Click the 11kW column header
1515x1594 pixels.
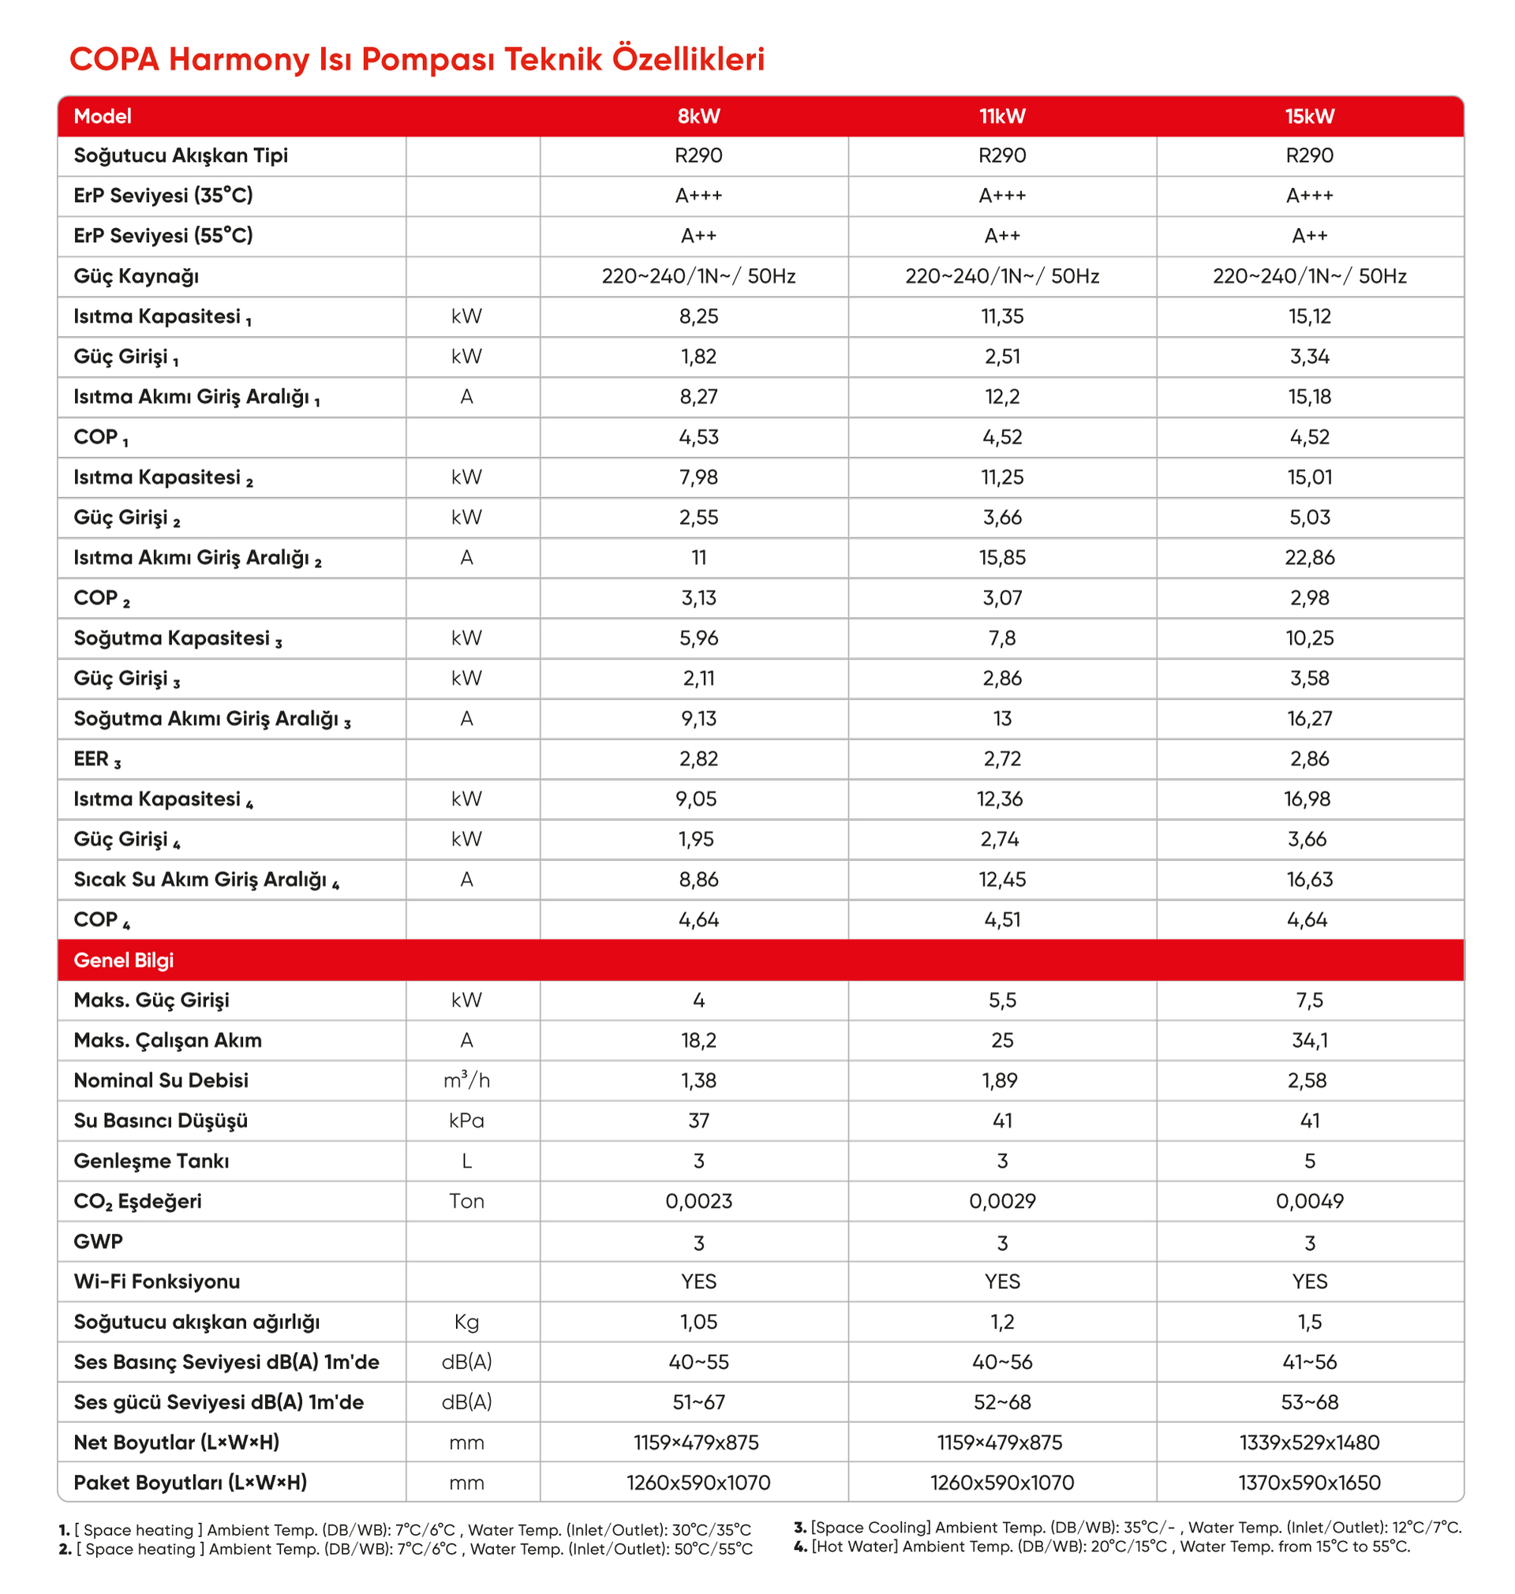coord(1001,116)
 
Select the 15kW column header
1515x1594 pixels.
coord(1309,116)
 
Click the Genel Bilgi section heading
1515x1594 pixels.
coord(124,960)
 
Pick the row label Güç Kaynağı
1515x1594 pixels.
coord(136,276)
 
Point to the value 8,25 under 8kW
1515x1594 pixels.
coord(698,316)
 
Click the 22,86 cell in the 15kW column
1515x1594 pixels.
coord(1309,558)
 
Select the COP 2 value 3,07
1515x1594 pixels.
coord(1001,598)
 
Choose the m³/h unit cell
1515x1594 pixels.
coord(466,1080)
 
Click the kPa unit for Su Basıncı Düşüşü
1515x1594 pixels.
coord(466,1121)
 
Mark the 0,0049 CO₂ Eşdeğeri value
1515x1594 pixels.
coord(1309,1202)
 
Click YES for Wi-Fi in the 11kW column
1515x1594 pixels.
coord(1001,1282)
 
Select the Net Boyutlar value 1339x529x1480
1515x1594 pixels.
coord(1309,1443)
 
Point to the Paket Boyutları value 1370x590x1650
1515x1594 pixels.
coord(1309,1483)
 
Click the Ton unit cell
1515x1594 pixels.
coord(466,1202)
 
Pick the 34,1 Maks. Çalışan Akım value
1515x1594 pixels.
coord(1309,1041)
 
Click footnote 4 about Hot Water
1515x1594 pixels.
coord(1102,1547)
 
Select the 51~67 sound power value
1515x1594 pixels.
coord(698,1402)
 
